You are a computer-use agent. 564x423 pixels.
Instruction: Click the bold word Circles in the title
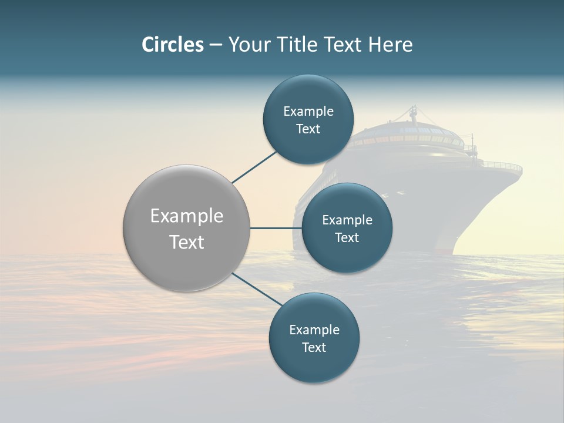173,45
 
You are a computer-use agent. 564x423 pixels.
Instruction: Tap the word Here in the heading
390,45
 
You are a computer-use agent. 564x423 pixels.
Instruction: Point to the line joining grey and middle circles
276,228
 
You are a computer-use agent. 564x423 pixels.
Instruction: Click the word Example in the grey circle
187,216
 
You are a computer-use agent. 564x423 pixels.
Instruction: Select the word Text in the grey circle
187,242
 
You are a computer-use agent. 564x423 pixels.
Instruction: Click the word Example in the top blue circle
308,112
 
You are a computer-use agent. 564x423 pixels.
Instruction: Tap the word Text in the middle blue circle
347,238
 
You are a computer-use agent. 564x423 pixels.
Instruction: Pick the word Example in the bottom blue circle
314,330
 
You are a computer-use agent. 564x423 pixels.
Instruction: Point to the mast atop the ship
414,113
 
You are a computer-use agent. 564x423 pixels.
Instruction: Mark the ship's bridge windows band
411,140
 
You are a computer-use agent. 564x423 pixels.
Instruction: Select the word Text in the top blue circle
308,129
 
